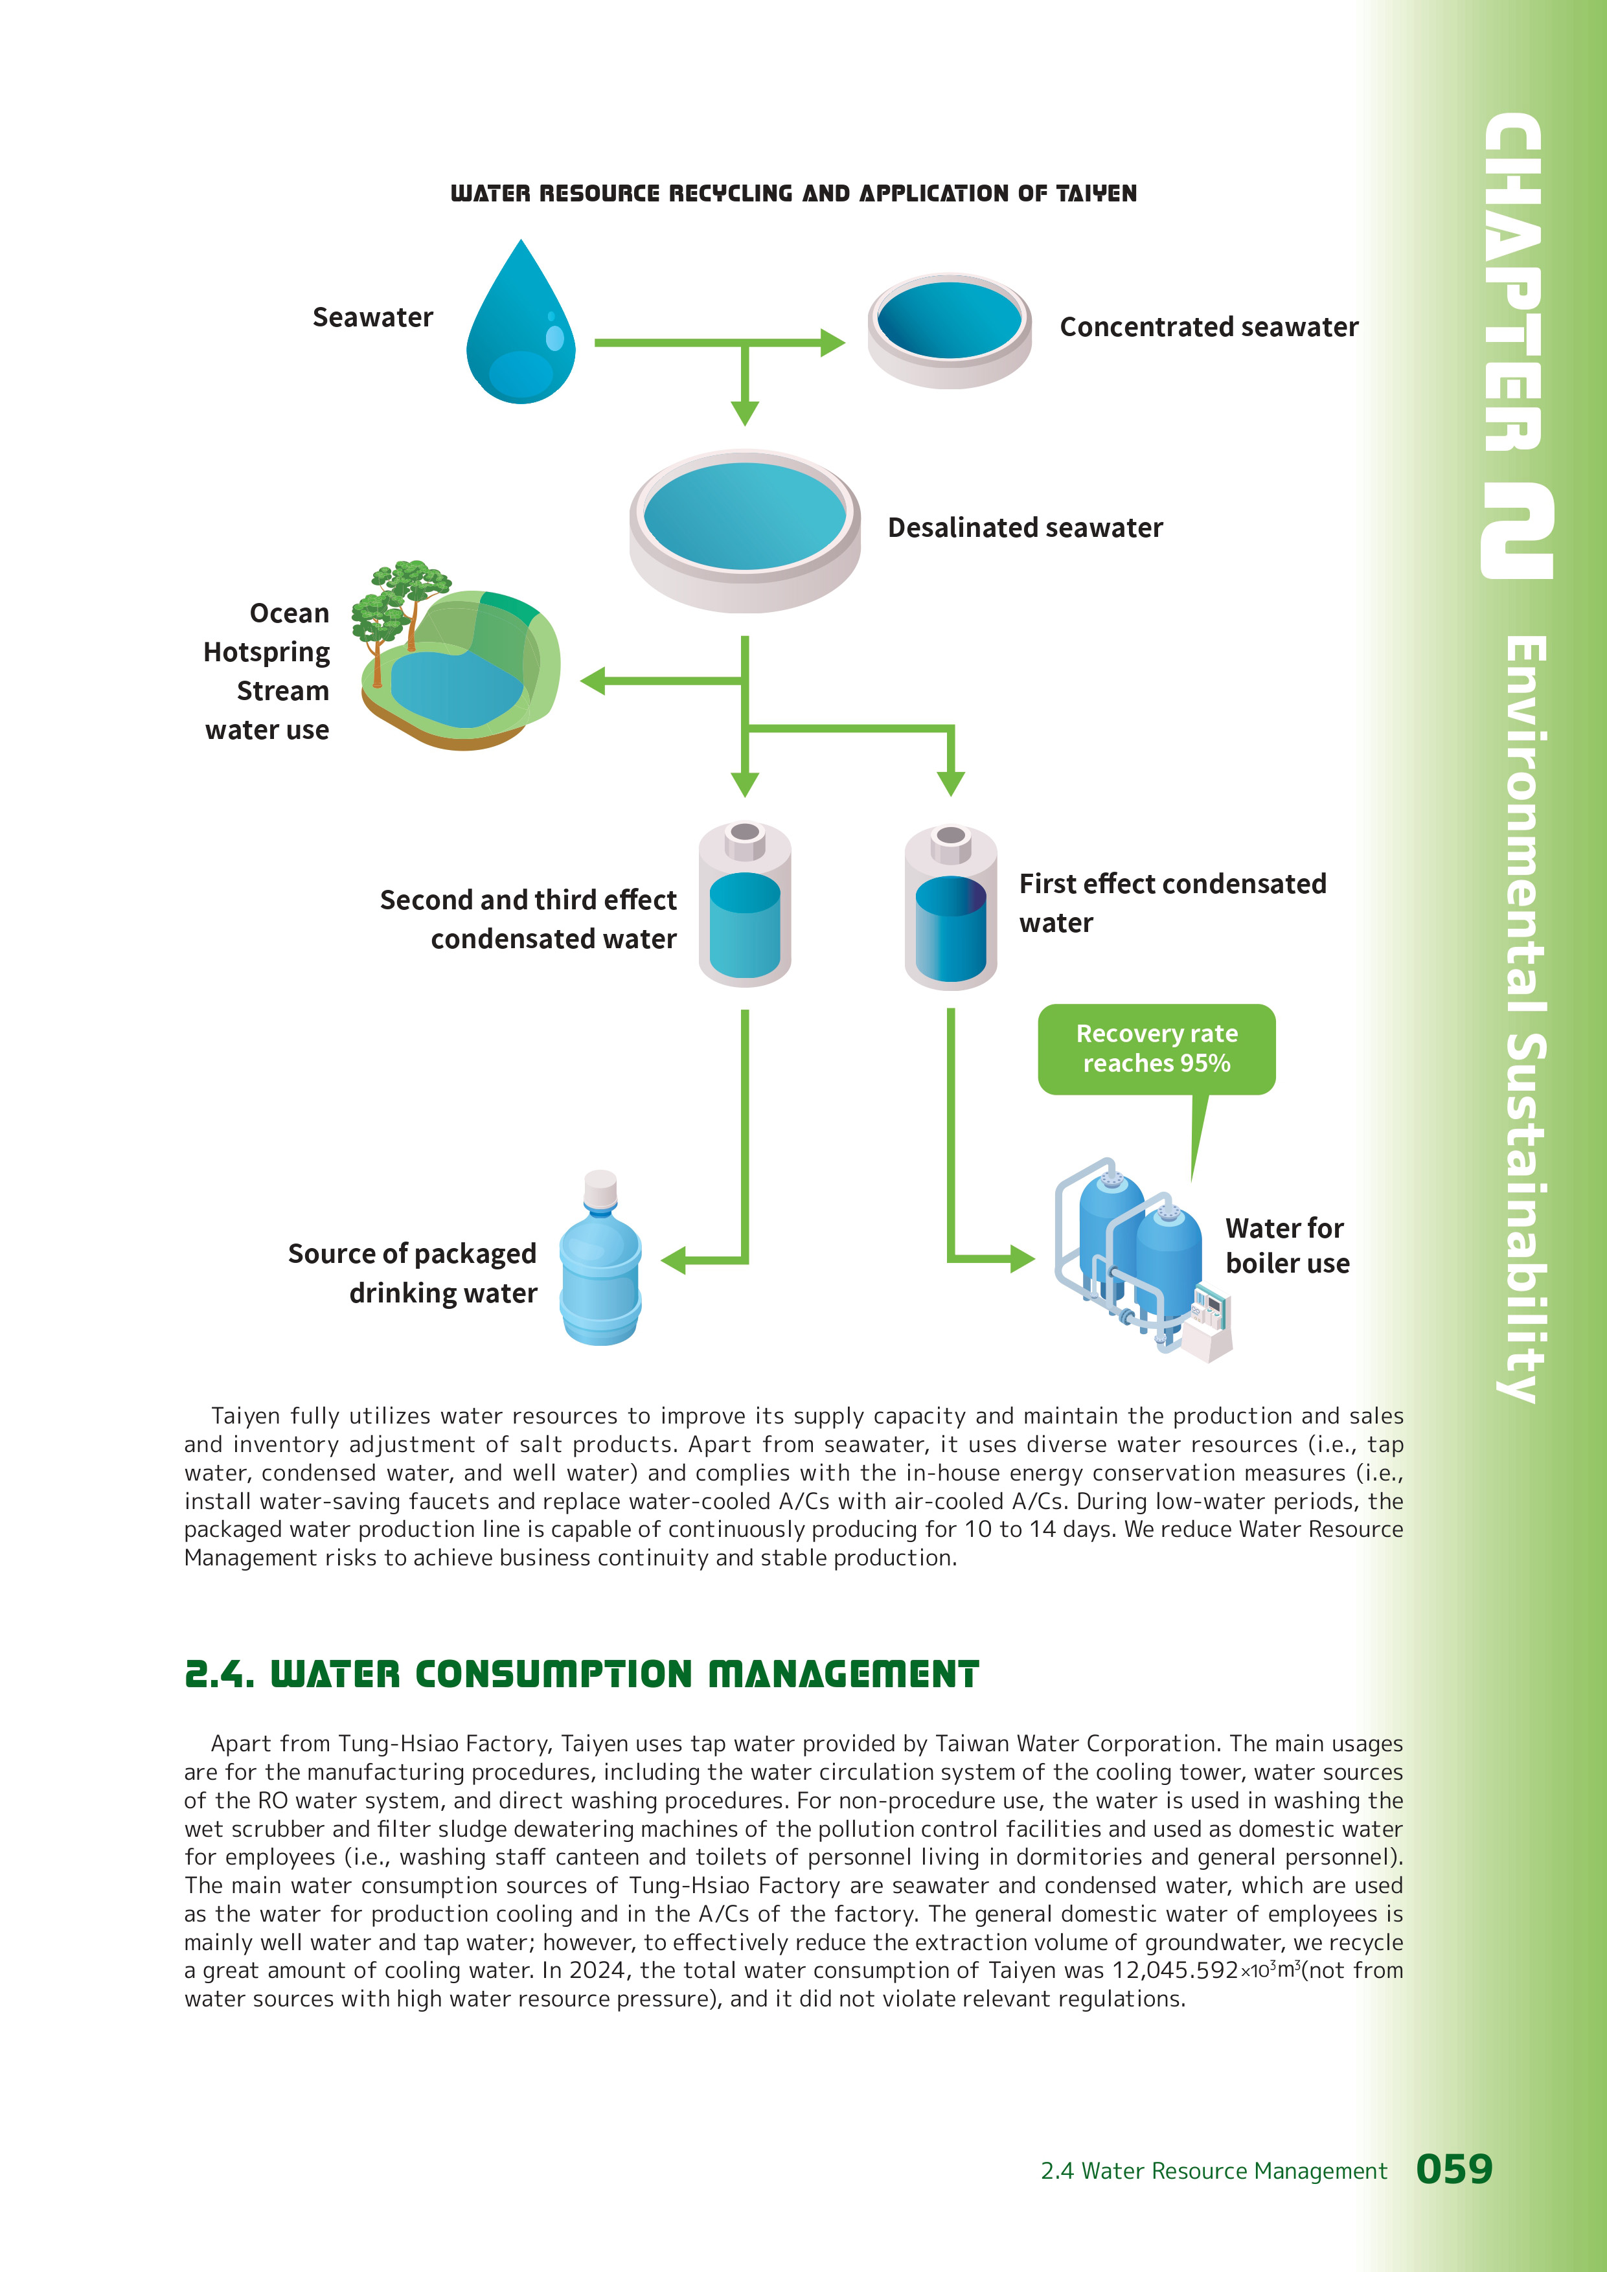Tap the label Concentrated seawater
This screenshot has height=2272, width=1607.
tap(1208, 328)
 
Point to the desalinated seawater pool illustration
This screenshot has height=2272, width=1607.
tap(744, 529)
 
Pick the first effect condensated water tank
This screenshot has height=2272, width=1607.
tap(950, 907)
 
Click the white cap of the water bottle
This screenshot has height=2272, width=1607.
tap(600, 1187)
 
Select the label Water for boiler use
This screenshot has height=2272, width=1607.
tap(1286, 1246)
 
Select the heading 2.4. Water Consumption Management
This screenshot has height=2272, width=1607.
tap(582, 1674)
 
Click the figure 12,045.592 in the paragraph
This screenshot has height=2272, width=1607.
tap(1174, 1970)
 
